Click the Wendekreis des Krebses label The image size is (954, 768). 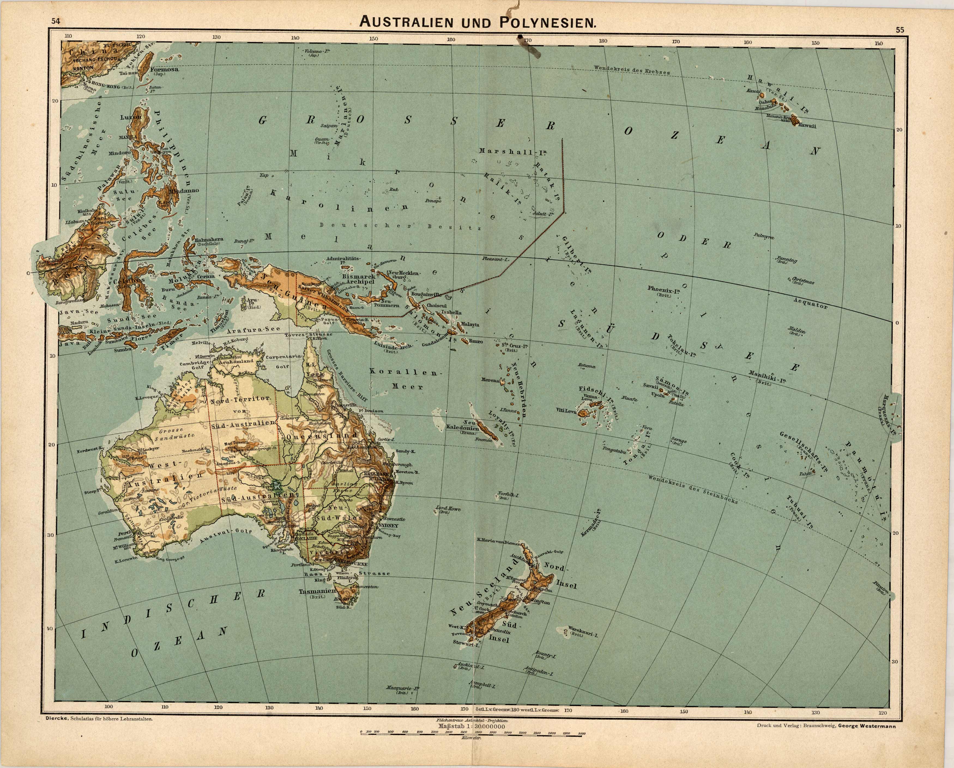(x=632, y=70)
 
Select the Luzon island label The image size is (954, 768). (x=131, y=117)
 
